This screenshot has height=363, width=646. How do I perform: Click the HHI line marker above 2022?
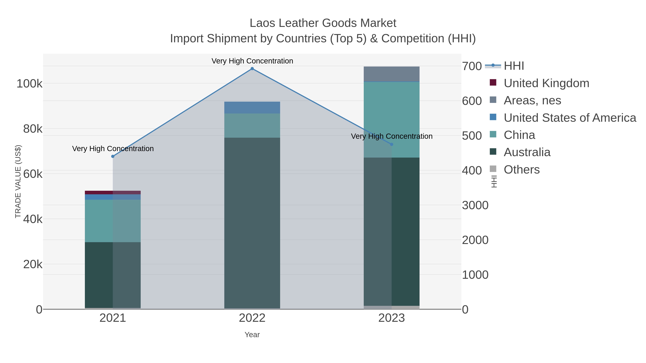click(x=252, y=69)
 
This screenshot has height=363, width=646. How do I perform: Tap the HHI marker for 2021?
click(x=113, y=156)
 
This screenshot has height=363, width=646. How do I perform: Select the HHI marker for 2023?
click(x=392, y=144)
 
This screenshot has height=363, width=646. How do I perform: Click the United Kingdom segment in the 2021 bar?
click(x=113, y=192)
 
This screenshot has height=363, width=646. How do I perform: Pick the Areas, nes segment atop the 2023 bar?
click(x=392, y=74)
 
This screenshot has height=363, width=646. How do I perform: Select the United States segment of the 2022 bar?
click(x=252, y=108)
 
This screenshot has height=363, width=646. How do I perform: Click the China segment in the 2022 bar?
click(x=252, y=125)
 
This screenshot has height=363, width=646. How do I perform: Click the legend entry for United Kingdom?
click(x=546, y=83)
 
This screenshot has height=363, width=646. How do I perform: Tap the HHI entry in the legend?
click(x=514, y=66)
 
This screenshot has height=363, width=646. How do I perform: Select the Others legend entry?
click(x=521, y=170)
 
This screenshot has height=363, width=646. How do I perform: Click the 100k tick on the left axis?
click(x=29, y=84)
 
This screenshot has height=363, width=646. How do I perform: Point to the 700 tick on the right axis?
click(x=472, y=66)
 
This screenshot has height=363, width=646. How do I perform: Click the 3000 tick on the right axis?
click(x=475, y=205)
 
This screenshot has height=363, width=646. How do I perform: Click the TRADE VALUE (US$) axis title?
click(x=18, y=181)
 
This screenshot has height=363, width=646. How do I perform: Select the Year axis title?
click(x=252, y=335)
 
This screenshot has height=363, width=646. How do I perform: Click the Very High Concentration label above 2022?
click(x=252, y=61)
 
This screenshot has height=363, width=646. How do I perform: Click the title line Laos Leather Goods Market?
click(x=323, y=23)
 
